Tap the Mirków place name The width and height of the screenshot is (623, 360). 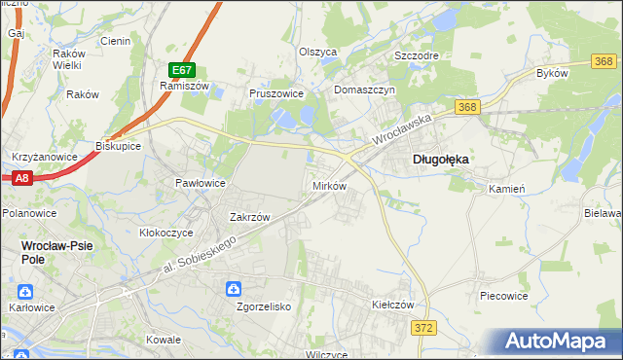[328, 185]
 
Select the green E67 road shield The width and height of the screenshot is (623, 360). [182, 70]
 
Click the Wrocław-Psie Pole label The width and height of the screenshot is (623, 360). [57, 246]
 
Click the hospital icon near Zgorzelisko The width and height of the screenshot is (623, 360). [234, 289]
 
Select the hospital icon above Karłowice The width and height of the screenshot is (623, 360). [25, 291]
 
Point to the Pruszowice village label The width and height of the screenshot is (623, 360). [276, 93]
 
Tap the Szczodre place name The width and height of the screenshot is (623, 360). [417, 55]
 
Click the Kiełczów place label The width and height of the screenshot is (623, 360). [393, 305]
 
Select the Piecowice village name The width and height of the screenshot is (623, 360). [504, 294]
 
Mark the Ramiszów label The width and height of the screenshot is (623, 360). [179, 86]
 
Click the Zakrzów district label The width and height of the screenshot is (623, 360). [248, 217]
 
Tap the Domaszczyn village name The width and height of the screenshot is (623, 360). [363, 90]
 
